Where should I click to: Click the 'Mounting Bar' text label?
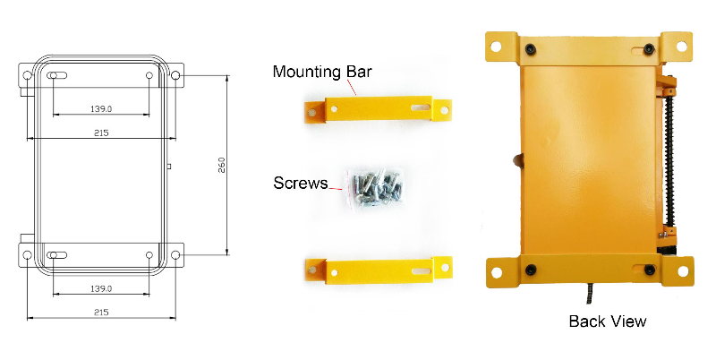[x=321, y=72]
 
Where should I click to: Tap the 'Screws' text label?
[x=300, y=184]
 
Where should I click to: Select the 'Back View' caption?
[x=607, y=321]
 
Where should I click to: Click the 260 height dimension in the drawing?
[x=221, y=167]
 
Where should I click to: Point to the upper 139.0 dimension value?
[x=100, y=108]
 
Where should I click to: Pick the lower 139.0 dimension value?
[x=100, y=287]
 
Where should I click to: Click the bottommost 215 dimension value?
[x=100, y=312]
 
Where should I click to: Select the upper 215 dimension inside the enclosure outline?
[x=100, y=133]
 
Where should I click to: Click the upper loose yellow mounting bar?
[x=377, y=110]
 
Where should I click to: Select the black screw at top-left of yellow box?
[x=531, y=47]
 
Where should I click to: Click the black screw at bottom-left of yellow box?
[x=531, y=270]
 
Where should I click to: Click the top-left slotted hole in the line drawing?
[x=55, y=76]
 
